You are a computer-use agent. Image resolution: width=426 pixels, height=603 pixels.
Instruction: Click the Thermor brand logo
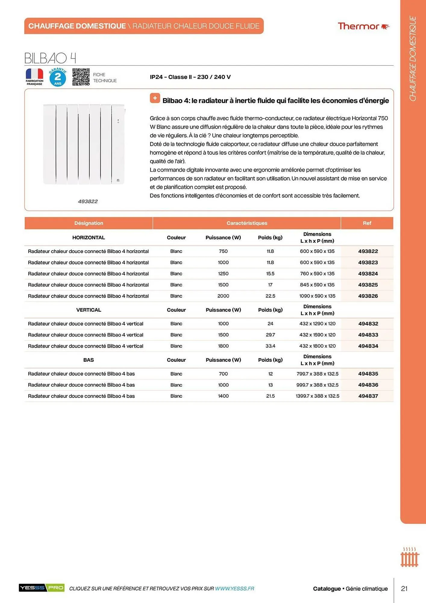point(363,26)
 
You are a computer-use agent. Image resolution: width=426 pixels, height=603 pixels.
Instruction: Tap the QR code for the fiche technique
point(81,77)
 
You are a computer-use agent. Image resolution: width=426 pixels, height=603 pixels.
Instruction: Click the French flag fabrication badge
point(34,77)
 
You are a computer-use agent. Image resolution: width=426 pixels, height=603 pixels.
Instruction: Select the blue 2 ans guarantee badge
point(58,77)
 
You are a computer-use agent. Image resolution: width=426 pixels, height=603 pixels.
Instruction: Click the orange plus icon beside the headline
point(155,98)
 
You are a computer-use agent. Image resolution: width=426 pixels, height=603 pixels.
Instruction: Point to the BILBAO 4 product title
point(50,58)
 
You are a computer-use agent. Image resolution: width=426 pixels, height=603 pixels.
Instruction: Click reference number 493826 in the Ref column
point(368,296)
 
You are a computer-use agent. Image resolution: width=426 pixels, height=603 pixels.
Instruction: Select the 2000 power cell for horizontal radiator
point(223,296)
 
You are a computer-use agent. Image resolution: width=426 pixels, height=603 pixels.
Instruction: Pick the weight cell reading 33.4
point(270,346)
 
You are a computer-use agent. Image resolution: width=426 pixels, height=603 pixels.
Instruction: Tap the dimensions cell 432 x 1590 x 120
point(317,335)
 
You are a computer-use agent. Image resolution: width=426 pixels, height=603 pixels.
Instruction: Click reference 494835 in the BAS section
point(368,374)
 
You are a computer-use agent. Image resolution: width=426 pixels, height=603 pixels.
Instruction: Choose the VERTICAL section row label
point(89,310)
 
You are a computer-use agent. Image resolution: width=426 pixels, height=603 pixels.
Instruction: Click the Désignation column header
point(89,223)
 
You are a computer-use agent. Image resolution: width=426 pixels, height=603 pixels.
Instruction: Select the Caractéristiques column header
point(247,223)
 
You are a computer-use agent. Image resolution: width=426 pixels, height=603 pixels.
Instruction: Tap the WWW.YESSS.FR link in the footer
point(234,589)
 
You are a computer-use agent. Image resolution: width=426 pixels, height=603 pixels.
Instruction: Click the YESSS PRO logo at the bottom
point(42,588)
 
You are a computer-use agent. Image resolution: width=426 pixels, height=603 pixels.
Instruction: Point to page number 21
point(404,589)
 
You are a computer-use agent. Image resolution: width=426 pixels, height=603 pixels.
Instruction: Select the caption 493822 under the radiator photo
point(88,201)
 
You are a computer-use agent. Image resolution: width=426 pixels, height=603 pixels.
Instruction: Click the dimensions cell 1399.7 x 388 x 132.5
point(317,396)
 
